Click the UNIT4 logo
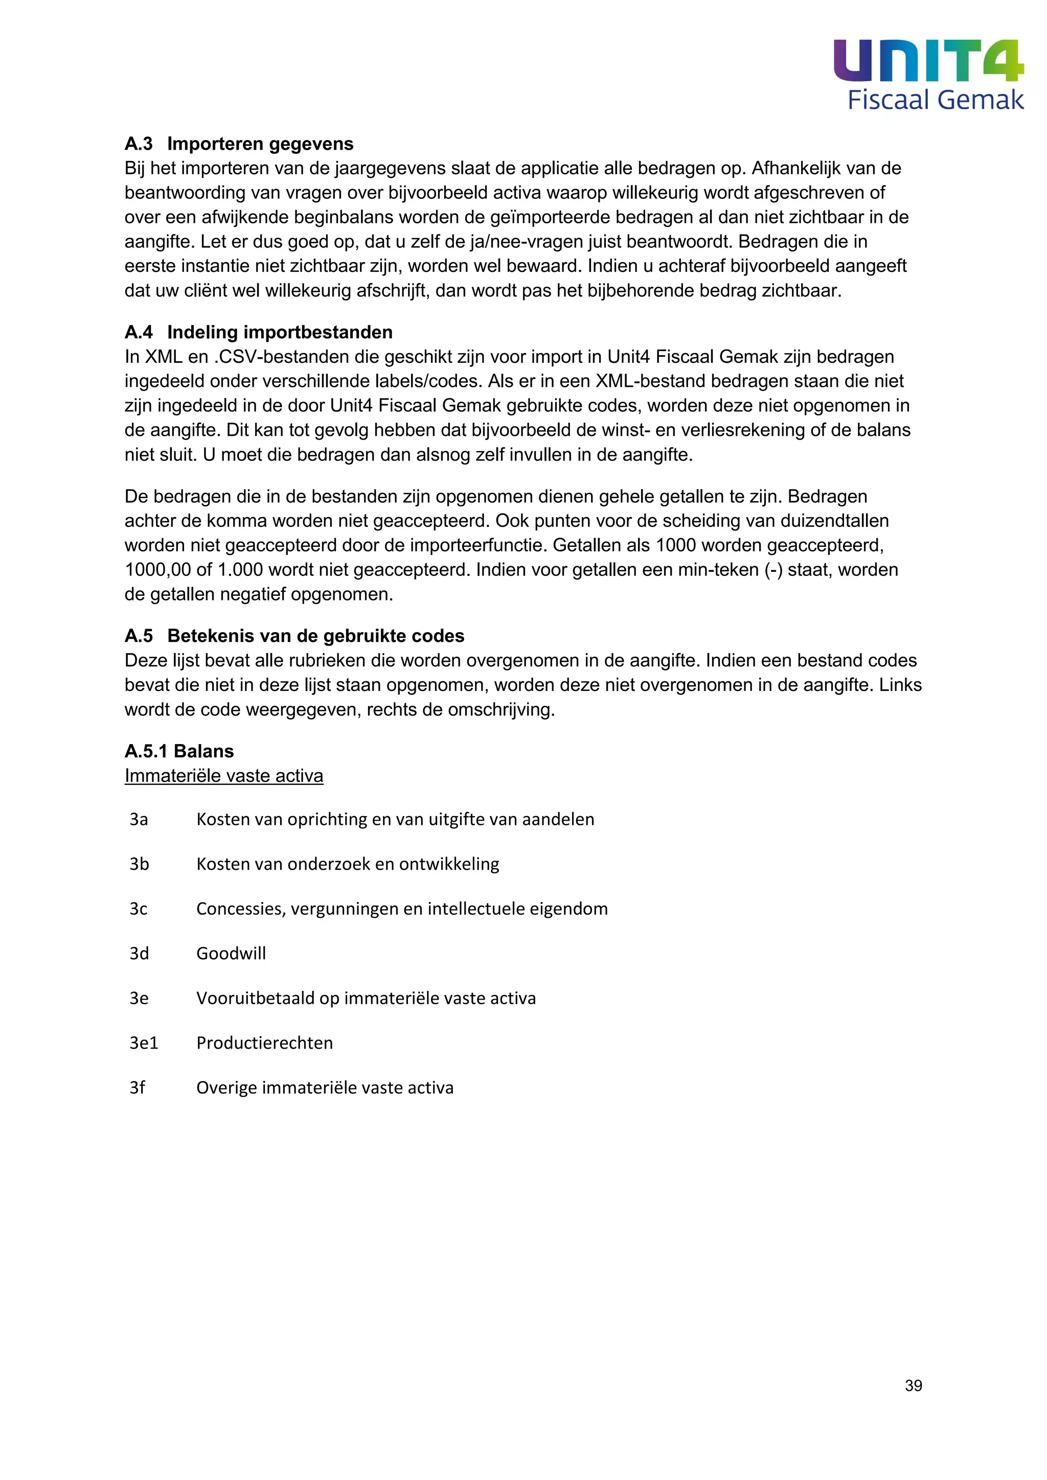tap(928, 61)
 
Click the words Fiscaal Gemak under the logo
tap(935, 101)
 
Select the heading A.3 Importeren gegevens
tap(239, 143)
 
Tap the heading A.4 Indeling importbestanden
tap(259, 332)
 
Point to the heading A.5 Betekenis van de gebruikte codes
tap(294, 636)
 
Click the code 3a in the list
tap(139, 819)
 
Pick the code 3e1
tap(144, 1043)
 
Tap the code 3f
tap(138, 1088)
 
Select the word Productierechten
tap(264, 1043)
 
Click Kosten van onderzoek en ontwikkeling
tap(348, 864)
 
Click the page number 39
tap(913, 1385)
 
